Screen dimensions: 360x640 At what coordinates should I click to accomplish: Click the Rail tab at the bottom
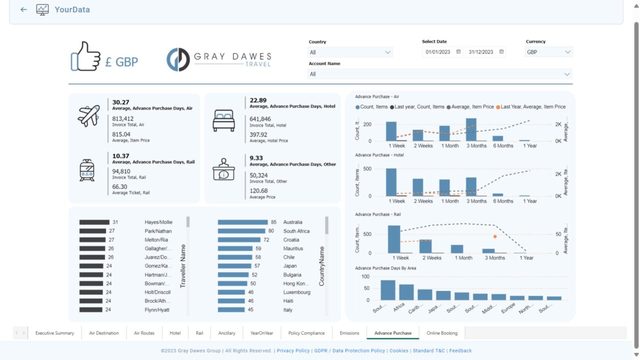tap(199, 333)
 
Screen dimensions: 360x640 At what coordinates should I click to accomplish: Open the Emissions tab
tap(349, 333)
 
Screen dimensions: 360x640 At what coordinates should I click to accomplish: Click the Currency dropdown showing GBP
tap(548, 52)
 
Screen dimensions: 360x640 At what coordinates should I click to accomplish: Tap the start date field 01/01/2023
tap(438, 52)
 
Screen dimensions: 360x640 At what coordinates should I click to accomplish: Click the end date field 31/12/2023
tap(481, 52)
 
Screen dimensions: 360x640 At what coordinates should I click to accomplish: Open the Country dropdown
tap(350, 52)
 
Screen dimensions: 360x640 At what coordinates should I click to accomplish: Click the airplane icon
tap(88, 115)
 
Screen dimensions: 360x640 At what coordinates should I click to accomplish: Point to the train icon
tap(87, 170)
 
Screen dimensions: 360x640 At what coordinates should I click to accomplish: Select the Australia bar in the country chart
tap(243, 222)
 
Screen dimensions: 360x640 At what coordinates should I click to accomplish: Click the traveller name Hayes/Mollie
tap(158, 222)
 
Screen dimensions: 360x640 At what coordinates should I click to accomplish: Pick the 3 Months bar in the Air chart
tap(471, 129)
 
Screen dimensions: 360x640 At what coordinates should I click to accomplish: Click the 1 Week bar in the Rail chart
tap(394, 239)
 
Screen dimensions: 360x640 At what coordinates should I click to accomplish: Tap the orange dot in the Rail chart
tap(495, 236)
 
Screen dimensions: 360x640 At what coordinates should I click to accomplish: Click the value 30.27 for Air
tap(120, 102)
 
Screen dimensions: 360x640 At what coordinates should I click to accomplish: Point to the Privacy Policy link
tap(293, 351)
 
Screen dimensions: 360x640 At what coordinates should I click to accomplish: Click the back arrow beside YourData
tap(23, 9)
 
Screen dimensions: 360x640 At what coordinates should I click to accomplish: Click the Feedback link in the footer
tap(460, 351)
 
